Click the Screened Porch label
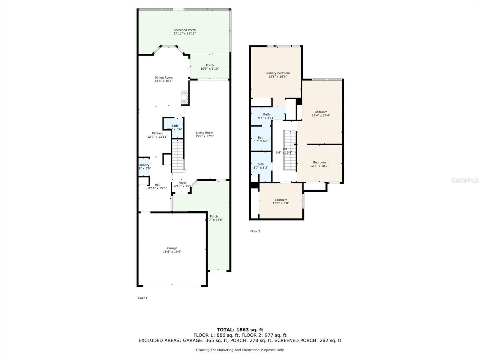pos(184,30)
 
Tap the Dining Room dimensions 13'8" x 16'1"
pos(163,81)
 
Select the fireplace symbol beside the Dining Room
pos(184,97)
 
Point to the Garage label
pos(172,248)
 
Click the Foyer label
pos(182,183)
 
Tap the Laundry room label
pos(144,165)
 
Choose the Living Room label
pos(205,133)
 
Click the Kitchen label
pos(157,133)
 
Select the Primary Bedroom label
pos(277,73)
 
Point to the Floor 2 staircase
pos(290,150)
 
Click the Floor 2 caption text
pos(255,231)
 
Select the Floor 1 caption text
pos(142,298)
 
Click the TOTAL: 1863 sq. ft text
pos(240,330)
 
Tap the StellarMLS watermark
pos(465,180)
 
